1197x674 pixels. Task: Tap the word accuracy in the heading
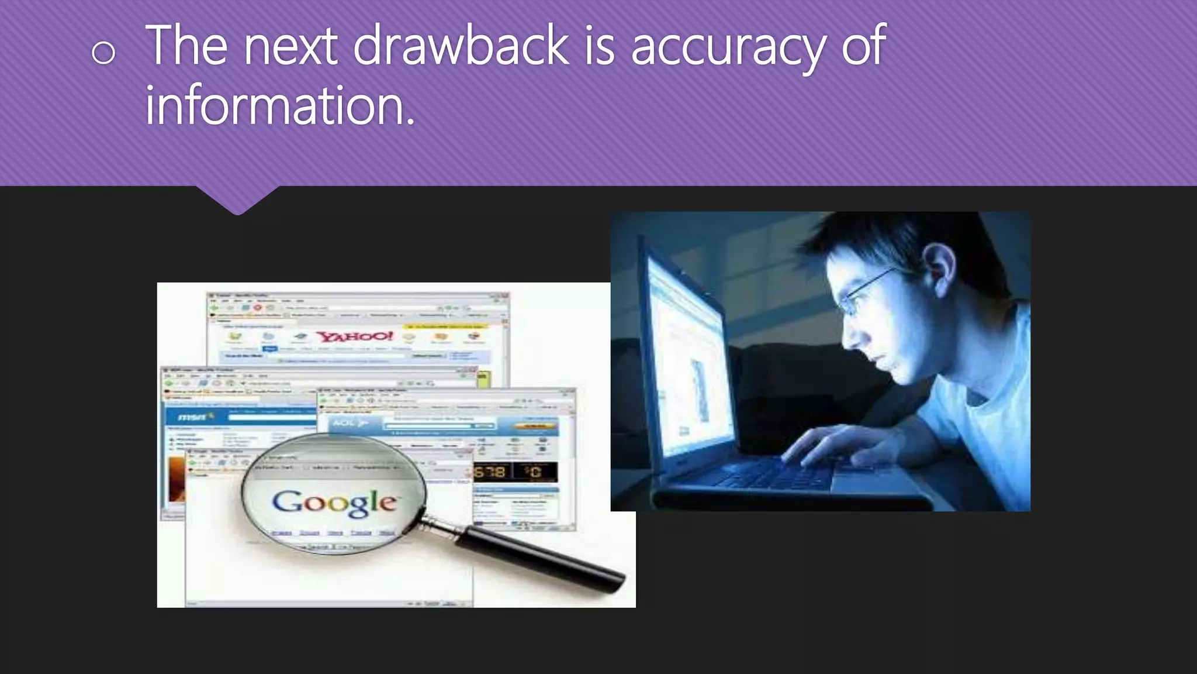[x=728, y=48]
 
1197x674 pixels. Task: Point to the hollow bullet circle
[x=103, y=53]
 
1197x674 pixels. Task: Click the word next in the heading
[x=290, y=47]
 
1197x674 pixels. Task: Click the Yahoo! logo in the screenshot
[x=355, y=336]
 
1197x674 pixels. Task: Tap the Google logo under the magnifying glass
[x=334, y=503]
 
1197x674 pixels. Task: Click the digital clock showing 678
[x=490, y=472]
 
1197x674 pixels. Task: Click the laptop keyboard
[x=777, y=474]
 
